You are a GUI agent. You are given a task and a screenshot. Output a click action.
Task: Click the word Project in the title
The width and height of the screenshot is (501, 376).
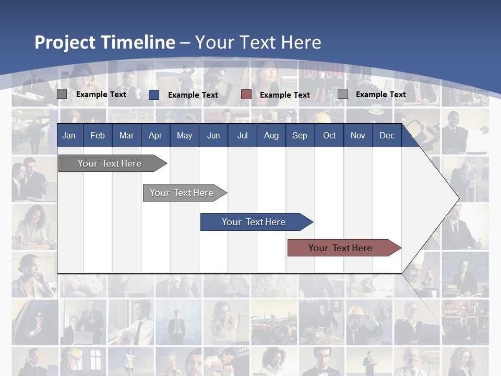point(65,42)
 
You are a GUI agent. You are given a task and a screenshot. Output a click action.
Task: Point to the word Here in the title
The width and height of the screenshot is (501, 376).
point(301,42)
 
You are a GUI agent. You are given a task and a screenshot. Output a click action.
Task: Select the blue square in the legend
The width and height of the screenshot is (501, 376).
point(154,95)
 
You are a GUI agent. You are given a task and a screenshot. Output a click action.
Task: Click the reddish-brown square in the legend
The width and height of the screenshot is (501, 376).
point(246,95)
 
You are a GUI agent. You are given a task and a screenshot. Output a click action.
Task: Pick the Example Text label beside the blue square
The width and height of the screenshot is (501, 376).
point(193,95)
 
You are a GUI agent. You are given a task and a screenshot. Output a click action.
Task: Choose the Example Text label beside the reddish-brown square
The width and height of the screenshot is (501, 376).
point(285,95)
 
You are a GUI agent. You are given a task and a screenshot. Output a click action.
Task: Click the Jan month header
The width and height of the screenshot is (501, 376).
point(69,136)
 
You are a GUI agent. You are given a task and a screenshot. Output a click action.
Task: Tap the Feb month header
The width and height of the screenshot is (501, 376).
point(98,136)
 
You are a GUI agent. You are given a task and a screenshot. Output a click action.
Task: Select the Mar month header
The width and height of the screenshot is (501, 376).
point(126,136)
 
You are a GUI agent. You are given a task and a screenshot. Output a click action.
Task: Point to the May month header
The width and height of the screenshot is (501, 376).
point(184,136)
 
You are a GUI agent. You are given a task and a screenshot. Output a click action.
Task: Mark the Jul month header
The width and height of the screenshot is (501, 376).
point(242,136)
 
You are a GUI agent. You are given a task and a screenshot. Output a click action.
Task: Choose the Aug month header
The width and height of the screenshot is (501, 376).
point(271,136)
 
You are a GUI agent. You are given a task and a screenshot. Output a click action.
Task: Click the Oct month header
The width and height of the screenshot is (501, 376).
point(329,136)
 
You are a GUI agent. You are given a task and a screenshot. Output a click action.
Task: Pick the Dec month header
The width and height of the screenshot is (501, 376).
point(387,136)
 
